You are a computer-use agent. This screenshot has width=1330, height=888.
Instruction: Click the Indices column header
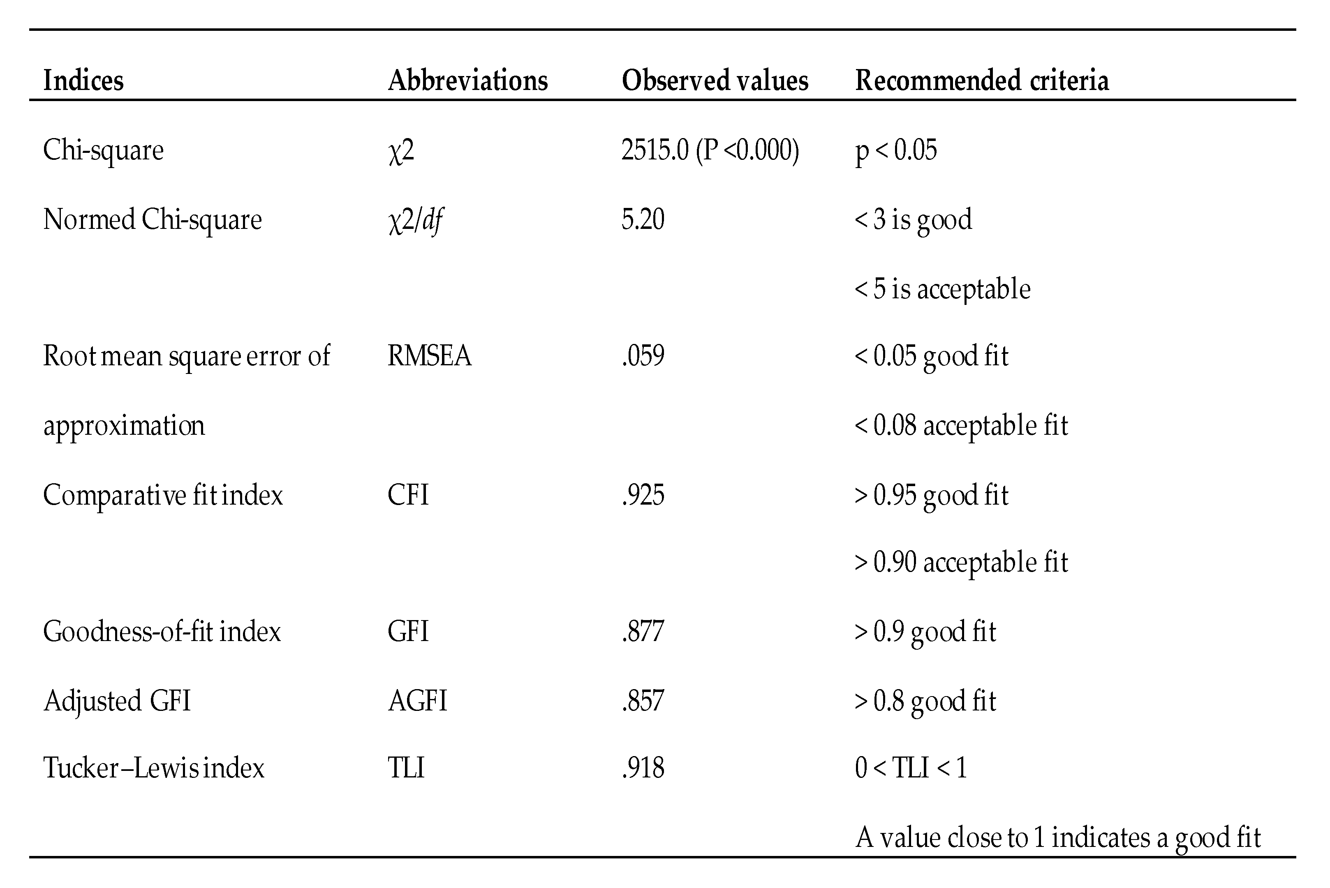83,81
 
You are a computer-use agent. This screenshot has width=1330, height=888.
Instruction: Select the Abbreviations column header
468,81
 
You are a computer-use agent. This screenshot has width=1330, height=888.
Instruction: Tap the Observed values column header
715,81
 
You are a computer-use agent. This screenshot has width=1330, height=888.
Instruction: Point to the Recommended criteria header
982,81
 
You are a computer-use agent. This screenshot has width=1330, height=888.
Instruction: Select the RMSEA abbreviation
429,356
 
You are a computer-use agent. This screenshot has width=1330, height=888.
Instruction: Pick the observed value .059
643,356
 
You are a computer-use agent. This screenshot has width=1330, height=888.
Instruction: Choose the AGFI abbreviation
417,701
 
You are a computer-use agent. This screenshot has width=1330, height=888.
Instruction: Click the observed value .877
643,632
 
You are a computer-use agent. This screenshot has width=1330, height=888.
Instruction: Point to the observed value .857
643,701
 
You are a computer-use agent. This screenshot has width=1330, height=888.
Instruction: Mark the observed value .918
643,768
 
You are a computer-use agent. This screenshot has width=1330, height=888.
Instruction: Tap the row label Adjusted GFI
117,701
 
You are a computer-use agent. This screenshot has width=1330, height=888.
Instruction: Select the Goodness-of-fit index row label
162,632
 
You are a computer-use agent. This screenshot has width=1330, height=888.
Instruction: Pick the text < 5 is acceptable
943,289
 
